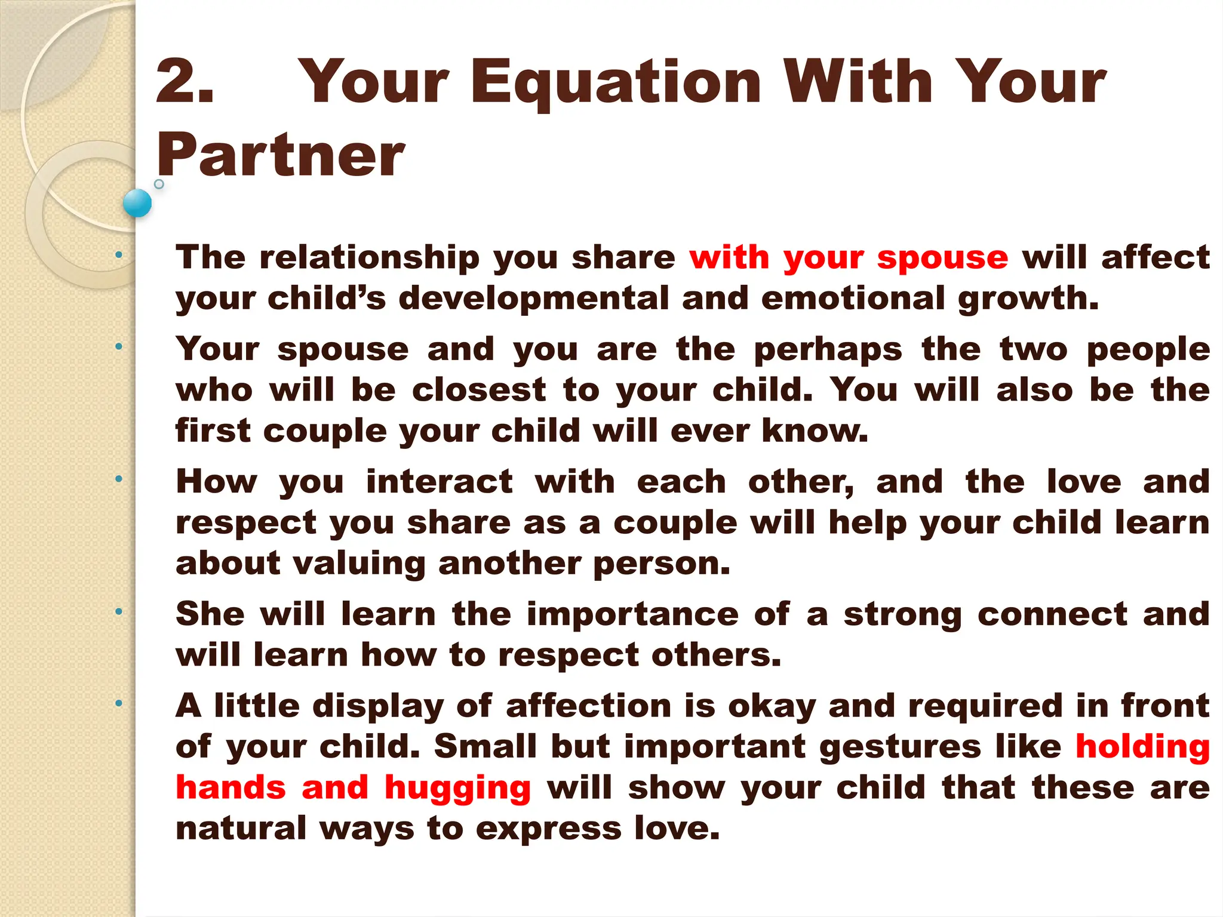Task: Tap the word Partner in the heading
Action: [x=281, y=155]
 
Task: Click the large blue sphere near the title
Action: [x=137, y=203]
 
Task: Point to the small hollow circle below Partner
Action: [x=159, y=184]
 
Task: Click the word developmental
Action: [x=533, y=298]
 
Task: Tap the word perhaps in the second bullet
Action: [x=828, y=350]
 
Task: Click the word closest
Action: [x=478, y=390]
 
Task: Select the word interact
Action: [x=440, y=482]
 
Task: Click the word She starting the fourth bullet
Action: [x=210, y=614]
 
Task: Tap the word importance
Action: [x=632, y=615]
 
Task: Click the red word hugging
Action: [x=457, y=789]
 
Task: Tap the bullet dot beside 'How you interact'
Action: [x=119, y=479]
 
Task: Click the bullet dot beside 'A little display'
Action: [x=119, y=704]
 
